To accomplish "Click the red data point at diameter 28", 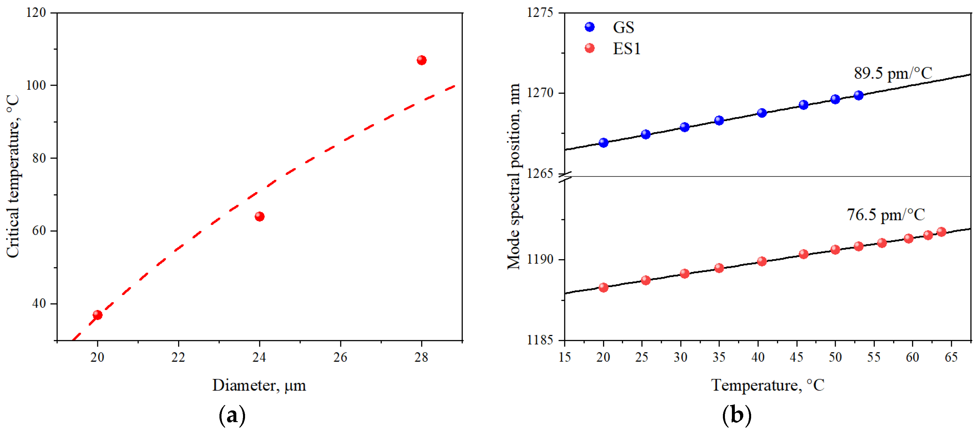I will tap(421, 60).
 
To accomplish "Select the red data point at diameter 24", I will tap(260, 217).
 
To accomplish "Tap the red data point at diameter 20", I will tap(98, 315).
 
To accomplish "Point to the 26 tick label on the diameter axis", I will tap(340, 357).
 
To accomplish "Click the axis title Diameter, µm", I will tap(259, 385).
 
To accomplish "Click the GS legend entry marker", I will tap(589, 27).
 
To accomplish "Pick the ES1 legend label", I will tap(626, 49).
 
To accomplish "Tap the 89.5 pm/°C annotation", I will tap(893, 73).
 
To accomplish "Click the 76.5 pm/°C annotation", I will tap(886, 215).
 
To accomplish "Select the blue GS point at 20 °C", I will tap(604, 143).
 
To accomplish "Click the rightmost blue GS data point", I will tap(859, 95).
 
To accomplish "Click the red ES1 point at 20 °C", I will tap(604, 287).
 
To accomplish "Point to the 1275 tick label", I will tap(540, 13).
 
